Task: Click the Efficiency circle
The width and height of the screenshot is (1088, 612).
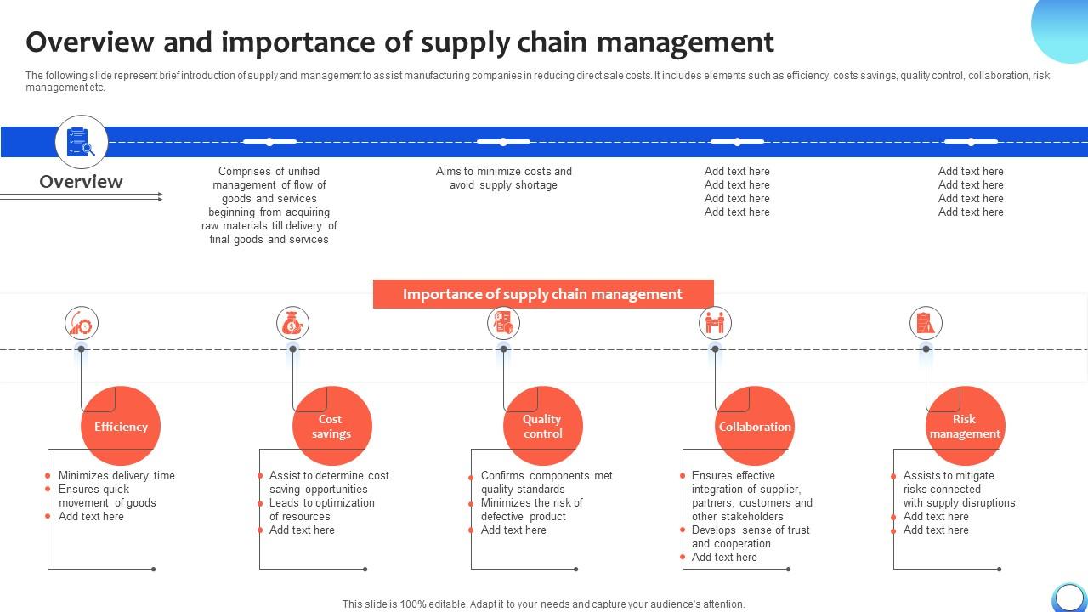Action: (x=121, y=426)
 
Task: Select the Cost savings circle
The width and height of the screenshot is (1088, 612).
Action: (x=331, y=426)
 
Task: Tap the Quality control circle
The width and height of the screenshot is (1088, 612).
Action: (x=542, y=426)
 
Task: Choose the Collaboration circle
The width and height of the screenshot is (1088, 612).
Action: (x=754, y=426)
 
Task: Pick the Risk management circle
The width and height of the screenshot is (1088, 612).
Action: (x=965, y=426)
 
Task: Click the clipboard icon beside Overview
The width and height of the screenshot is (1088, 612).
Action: (x=82, y=142)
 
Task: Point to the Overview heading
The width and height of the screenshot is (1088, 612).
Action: (x=82, y=182)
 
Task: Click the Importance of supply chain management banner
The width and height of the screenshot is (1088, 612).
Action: (x=542, y=294)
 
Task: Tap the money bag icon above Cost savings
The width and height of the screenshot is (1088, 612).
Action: (x=292, y=323)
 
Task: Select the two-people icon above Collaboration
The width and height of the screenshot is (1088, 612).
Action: (x=715, y=323)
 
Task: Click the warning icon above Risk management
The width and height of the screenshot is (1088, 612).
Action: (x=926, y=323)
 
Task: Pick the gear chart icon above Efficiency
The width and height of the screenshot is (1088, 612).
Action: (x=82, y=323)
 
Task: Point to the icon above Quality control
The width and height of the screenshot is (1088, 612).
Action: (x=503, y=323)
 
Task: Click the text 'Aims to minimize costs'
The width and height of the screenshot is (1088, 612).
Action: (x=503, y=172)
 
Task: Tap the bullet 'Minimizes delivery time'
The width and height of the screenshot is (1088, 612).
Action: (x=116, y=476)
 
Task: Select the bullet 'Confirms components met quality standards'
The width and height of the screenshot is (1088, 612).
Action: (x=547, y=482)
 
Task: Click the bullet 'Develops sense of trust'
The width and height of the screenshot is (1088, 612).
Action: (x=751, y=536)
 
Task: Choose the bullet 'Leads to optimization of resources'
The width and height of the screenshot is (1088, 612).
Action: (x=321, y=509)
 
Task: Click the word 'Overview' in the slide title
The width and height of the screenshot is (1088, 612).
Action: (x=90, y=42)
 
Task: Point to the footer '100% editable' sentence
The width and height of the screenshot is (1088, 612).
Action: (x=543, y=604)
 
